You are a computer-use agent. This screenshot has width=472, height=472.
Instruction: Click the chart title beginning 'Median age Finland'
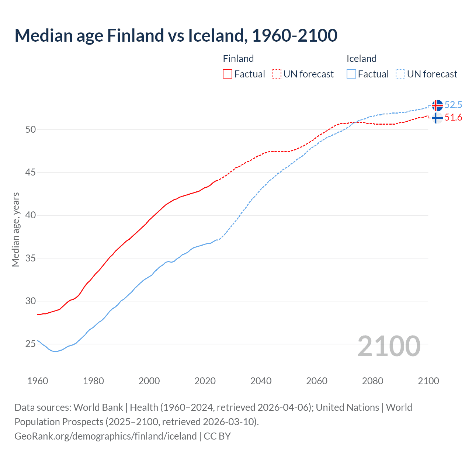coord(176,35)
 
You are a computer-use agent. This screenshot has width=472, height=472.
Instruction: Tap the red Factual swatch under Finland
coord(228,74)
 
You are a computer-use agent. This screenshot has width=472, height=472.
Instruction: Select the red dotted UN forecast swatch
coord(277,74)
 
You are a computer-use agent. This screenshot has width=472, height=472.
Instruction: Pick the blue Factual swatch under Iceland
coord(351,74)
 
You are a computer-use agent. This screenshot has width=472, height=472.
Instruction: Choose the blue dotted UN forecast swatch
coord(400,74)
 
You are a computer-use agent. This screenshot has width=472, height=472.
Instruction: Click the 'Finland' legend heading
coord(238,59)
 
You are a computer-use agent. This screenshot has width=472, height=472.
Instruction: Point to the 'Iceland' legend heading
coord(361,59)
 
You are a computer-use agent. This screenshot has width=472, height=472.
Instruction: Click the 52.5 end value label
coord(453,105)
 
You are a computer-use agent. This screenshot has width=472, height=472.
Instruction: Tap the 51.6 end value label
coord(453,118)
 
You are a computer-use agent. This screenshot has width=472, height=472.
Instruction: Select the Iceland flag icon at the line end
coord(437,105)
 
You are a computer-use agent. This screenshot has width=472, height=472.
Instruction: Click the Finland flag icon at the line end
coord(437,118)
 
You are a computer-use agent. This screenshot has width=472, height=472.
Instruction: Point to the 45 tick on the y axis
coord(31,172)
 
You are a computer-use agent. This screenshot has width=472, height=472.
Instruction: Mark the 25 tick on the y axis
coord(31,344)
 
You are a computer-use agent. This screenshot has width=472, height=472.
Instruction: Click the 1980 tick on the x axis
coord(93,381)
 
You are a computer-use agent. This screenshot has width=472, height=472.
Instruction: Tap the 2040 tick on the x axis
coord(261,381)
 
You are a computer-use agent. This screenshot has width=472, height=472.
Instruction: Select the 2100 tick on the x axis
coord(428,381)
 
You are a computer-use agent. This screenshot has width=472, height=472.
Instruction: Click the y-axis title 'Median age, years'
coord(16,229)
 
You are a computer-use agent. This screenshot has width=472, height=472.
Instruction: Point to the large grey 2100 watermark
coord(389,346)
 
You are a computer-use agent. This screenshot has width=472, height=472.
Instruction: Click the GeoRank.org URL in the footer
coord(105,436)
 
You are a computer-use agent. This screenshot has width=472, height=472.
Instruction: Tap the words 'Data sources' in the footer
coord(42,407)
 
